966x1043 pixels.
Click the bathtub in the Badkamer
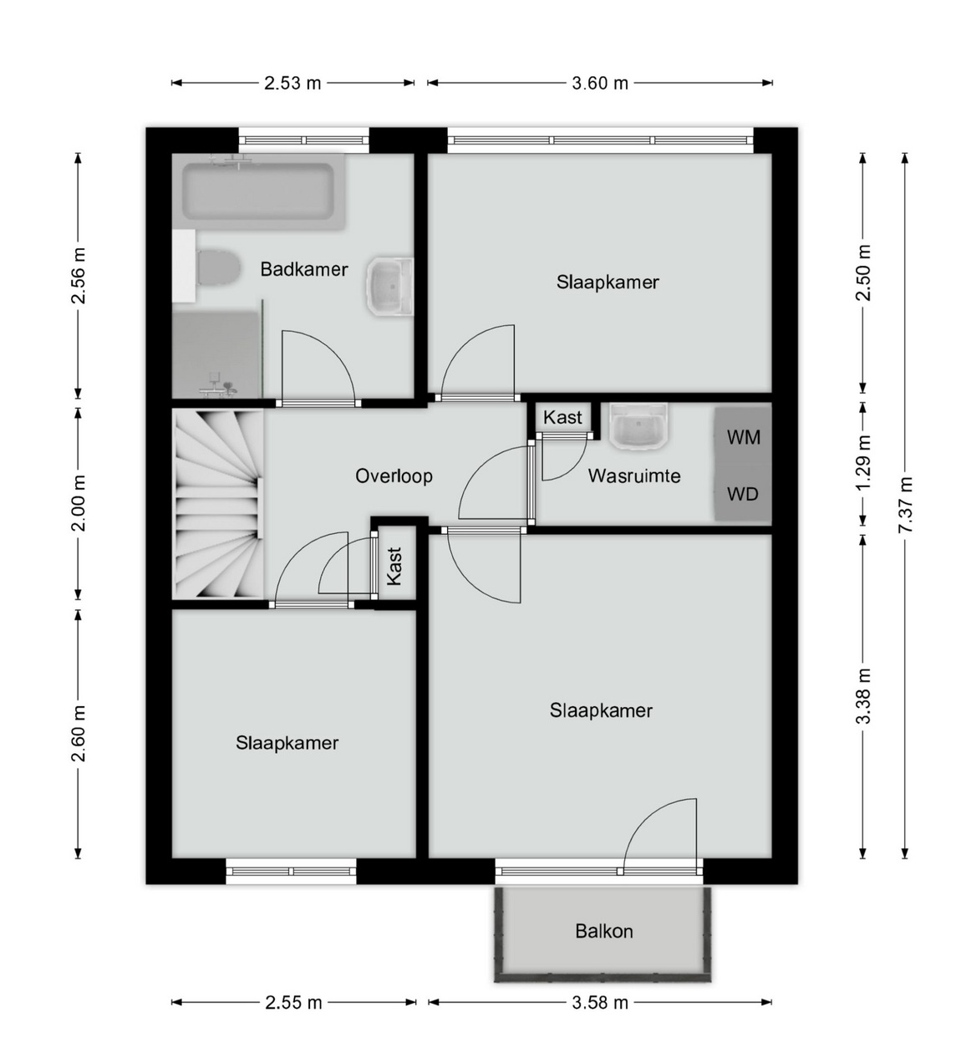(258, 191)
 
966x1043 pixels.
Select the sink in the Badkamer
(389, 286)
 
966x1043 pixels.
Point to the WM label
(743, 437)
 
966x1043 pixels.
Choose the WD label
(743, 494)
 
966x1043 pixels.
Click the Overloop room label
(394, 476)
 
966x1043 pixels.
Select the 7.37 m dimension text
(905, 505)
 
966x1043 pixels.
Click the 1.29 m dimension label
(863, 462)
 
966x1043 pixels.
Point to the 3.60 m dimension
(600, 83)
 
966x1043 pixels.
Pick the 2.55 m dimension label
(293, 1003)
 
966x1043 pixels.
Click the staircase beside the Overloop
(218, 505)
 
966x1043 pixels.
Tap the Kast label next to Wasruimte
(562, 418)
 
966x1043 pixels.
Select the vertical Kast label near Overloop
(394, 566)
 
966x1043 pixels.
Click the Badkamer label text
(304, 269)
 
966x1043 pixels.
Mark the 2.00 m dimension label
(79, 504)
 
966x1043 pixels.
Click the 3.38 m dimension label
(863, 696)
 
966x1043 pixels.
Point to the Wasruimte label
(634, 476)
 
